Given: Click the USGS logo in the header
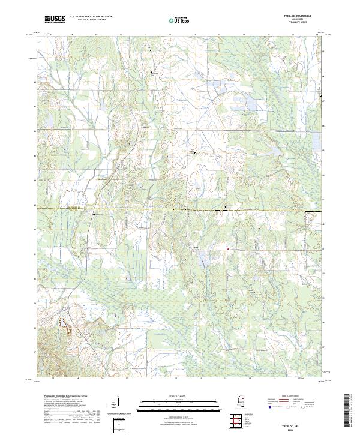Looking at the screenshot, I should click(x=55, y=19).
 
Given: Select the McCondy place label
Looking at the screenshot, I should click(x=104, y=178).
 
